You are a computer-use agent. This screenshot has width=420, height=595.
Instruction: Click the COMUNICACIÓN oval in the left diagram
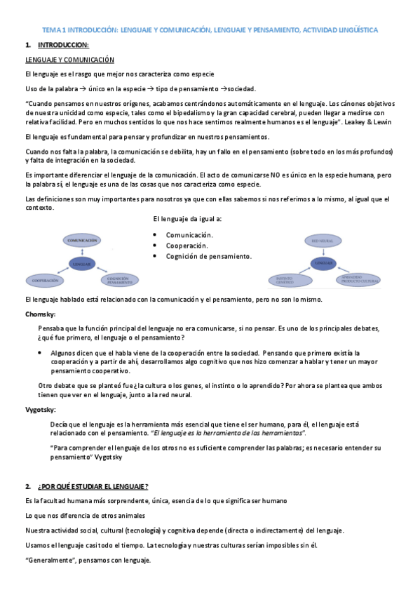pyautogui.click(x=81, y=241)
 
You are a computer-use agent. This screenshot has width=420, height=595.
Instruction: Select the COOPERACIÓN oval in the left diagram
pyautogui.click(x=45, y=281)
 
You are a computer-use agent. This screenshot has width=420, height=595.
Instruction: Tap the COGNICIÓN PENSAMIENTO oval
pyautogui.click(x=118, y=280)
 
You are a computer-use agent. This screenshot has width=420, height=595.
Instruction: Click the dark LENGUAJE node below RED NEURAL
pyautogui.click(x=323, y=262)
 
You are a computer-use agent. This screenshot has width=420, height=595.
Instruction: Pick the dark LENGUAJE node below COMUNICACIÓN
pyautogui.click(x=81, y=263)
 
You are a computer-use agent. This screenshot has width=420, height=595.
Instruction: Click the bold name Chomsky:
pyautogui.click(x=41, y=314)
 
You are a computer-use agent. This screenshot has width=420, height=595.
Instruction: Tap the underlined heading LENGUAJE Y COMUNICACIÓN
pyautogui.click(x=69, y=60)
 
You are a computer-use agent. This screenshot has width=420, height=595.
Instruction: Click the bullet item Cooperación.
pyautogui.click(x=187, y=246)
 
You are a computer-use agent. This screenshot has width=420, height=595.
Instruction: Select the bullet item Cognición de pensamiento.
pyautogui.click(x=208, y=256)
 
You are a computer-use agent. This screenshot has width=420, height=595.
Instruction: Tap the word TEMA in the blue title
pyautogui.click(x=52, y=31)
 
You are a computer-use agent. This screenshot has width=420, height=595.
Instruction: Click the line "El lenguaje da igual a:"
pyautogui.click(x=187, y=220)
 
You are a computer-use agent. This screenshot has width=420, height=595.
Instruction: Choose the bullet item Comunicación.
pyautogui.click(x=189, y=235)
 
